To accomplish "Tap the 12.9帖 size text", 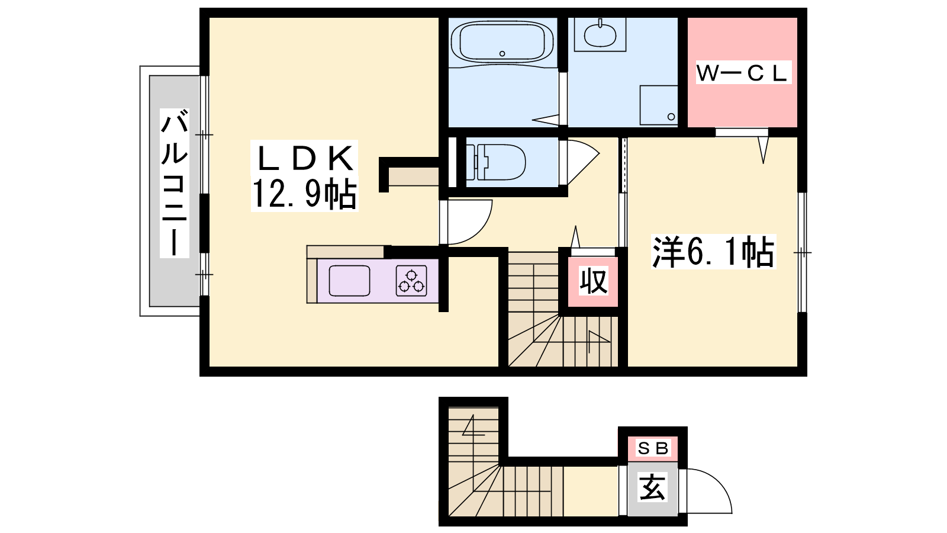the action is click(304, 193).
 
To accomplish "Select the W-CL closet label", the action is click(743, 73).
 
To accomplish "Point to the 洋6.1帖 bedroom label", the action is click(714, 252).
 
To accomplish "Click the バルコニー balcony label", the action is click(174, 183).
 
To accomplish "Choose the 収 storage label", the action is click(593, 281).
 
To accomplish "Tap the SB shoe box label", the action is click(652, 448).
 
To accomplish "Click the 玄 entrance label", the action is click(652, 487).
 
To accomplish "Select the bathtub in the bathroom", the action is click(503, 41).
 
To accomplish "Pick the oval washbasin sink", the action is click(600, 35).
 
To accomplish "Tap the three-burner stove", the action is click(411, 281).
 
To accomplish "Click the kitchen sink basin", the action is click(349, 281).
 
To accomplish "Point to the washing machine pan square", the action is click(659, 105).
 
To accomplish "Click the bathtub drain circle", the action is click(503, 54).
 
